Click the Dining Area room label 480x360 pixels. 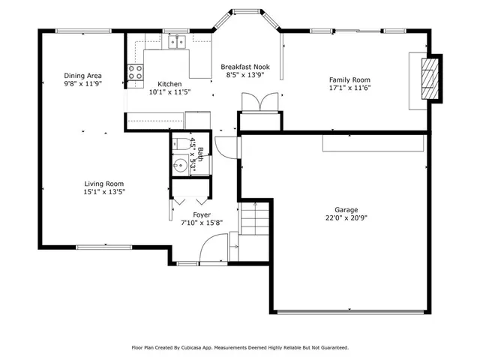click(x=83, y=76)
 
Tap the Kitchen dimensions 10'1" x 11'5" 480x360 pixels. click(x=169, y=92)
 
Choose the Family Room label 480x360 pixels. click(x=350, y=79)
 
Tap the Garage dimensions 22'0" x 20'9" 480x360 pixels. click(x=346, y=218)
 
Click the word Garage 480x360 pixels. click(x=346, y=210)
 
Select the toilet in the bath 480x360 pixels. click(x=181, y=143)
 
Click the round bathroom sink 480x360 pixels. click(x=180, y=165)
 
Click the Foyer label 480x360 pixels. click(x=201, y=214)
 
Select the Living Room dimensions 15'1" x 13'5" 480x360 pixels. click(x=104, y=192)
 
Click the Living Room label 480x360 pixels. click(x=104, y=184)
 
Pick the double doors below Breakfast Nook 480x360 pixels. click(x=259, y=103)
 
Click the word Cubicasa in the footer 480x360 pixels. click(x=196, y=348)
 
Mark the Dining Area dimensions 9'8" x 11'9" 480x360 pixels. click(x=83, y=84)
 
